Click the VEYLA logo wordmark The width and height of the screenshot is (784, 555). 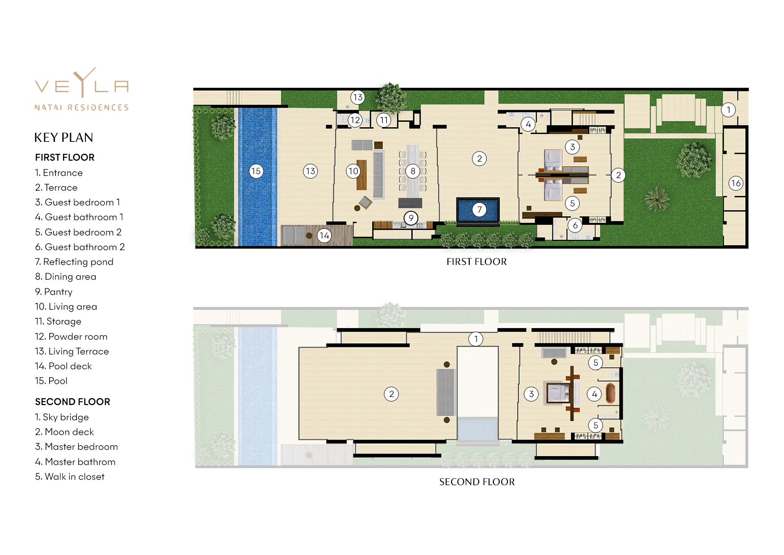point(82,85)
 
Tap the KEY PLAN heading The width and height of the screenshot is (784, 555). point(64,137)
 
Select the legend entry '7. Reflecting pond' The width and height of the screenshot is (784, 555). point(74,262)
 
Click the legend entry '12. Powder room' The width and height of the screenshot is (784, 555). point(72,337)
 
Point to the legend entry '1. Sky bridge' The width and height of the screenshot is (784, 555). point(62,417)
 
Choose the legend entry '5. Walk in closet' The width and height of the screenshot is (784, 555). point(70,477)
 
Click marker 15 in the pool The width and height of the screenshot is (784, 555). point(256,171)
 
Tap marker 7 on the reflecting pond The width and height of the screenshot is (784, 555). point(479,209)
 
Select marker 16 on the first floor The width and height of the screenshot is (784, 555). point(736,183)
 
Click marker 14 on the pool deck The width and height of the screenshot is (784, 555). point(325,235)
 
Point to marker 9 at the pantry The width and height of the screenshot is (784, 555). point(411,218)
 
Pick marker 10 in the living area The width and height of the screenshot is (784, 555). point(353,171)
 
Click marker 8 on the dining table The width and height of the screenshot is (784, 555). point(413,171)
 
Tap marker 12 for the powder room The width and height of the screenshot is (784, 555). point(355,120)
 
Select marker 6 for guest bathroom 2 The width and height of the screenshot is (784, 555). point(575,225)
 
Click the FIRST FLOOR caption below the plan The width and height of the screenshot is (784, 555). point(476,262)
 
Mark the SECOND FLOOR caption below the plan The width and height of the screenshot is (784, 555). point(477,482)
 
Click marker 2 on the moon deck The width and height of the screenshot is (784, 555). point(391,394)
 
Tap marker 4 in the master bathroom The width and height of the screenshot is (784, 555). point(594,394)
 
